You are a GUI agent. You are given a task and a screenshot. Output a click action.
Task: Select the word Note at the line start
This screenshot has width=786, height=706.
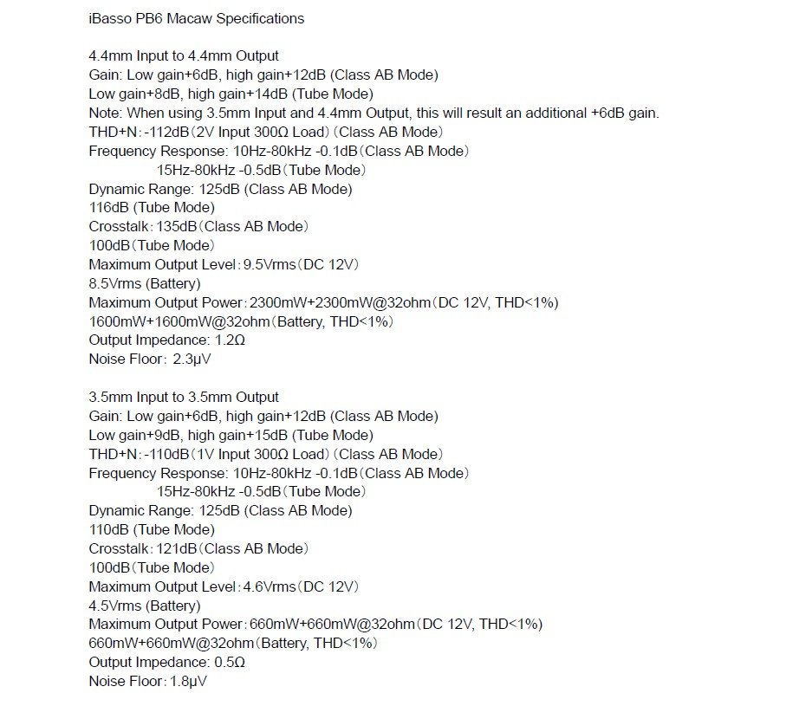click(105, 113)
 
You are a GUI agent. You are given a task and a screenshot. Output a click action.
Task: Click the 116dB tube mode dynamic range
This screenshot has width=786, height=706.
click(108, 208)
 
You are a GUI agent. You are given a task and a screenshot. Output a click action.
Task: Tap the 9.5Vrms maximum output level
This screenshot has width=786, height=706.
click(268, 264)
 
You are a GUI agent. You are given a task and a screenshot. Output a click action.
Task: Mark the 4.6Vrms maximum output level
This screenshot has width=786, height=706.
click(268, 586)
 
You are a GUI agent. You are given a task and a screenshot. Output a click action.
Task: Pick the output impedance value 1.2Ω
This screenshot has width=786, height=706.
click(230, 340)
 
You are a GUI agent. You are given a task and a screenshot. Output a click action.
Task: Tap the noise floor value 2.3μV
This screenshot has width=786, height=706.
click(192, 359)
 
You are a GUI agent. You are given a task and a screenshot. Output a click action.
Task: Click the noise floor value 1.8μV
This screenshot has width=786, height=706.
click(188, 682)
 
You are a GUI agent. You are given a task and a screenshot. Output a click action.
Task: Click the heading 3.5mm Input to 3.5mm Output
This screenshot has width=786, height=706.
click(184, 397)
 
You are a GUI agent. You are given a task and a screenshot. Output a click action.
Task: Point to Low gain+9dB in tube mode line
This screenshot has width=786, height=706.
click(133, 435)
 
